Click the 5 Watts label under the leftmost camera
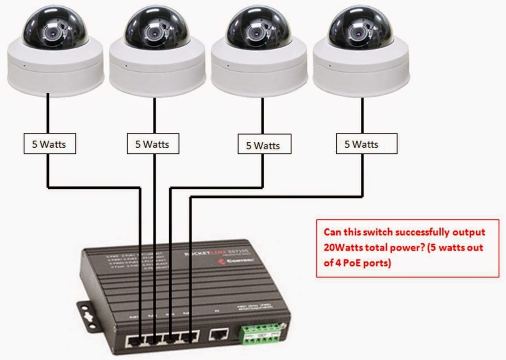click(49, 144)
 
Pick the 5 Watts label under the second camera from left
click(153, 144)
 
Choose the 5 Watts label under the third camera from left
click(264, 145)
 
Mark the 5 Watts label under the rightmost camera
click(366, 144)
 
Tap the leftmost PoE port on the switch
click(135, 340)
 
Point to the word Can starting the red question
click(332, 232)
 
